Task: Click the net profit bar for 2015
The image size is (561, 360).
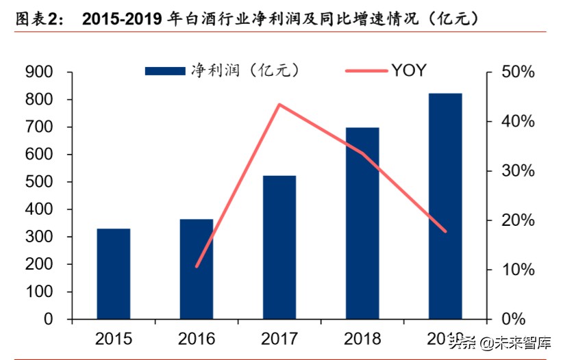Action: click(x=113, y=273)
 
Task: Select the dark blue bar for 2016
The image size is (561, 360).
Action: click(x=197, y=269)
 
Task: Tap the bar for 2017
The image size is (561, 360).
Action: click(x=279, y=247)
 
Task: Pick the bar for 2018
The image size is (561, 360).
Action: click(x=362, y=223)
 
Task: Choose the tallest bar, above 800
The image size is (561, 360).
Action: click(x=445, y=206)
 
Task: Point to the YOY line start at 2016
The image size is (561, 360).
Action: click(x=197, y=266)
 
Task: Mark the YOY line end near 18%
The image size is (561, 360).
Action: click(x=445, y=231)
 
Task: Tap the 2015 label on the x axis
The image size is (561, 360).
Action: click(x=113, y=338)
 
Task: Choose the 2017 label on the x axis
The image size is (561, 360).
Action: click(x=279, y=338)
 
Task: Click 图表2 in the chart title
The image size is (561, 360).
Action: click(x=38, y=18)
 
